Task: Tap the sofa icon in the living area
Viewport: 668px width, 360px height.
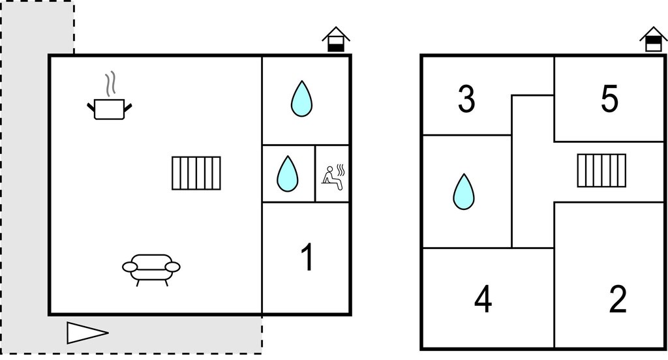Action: tap(151, 269)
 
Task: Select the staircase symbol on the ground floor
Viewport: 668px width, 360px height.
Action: tap(196, 173)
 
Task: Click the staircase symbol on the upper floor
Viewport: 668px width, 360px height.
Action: tap(601, 170)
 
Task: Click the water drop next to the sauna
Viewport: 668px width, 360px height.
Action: tap(288, 174)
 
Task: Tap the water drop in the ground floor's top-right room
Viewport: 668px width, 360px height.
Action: tap(301, 98)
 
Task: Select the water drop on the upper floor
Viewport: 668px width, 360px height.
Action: tap(464, 192)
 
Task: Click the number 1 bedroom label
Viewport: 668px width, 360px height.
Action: tap(308, 257)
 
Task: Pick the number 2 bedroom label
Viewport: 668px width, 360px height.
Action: tap(618, 299)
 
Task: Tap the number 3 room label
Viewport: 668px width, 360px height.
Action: tap(466, 99)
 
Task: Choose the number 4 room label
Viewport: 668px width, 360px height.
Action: tap(483, 299)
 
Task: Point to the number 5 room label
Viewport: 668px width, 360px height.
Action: tap(609, 99)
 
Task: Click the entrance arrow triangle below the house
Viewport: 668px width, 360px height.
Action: tap(87, 333)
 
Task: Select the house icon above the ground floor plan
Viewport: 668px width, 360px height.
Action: tap(336, 39)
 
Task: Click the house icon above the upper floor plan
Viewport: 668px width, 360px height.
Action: tap(654, 39)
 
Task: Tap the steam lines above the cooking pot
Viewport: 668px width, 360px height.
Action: tap(110, 83)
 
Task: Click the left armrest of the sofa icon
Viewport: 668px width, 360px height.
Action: tap(130, 267)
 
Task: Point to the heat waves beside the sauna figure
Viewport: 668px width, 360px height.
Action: tap(341, 170)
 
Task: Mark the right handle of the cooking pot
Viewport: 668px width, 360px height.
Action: tap(128, 108)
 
